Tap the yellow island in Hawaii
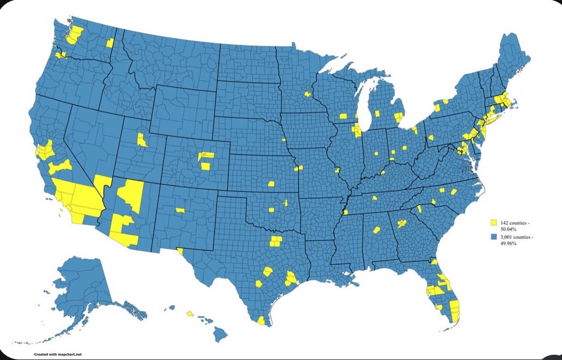click(190, 313)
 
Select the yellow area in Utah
click(142, 139)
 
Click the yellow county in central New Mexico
click(180, 210)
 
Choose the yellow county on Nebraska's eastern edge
click(284, 140)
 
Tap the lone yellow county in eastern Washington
click(110, 43)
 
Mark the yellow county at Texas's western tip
click(180, 250)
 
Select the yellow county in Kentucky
click(383, 172)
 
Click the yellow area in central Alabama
click(376, 231)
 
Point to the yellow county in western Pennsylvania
click(430, 137)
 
